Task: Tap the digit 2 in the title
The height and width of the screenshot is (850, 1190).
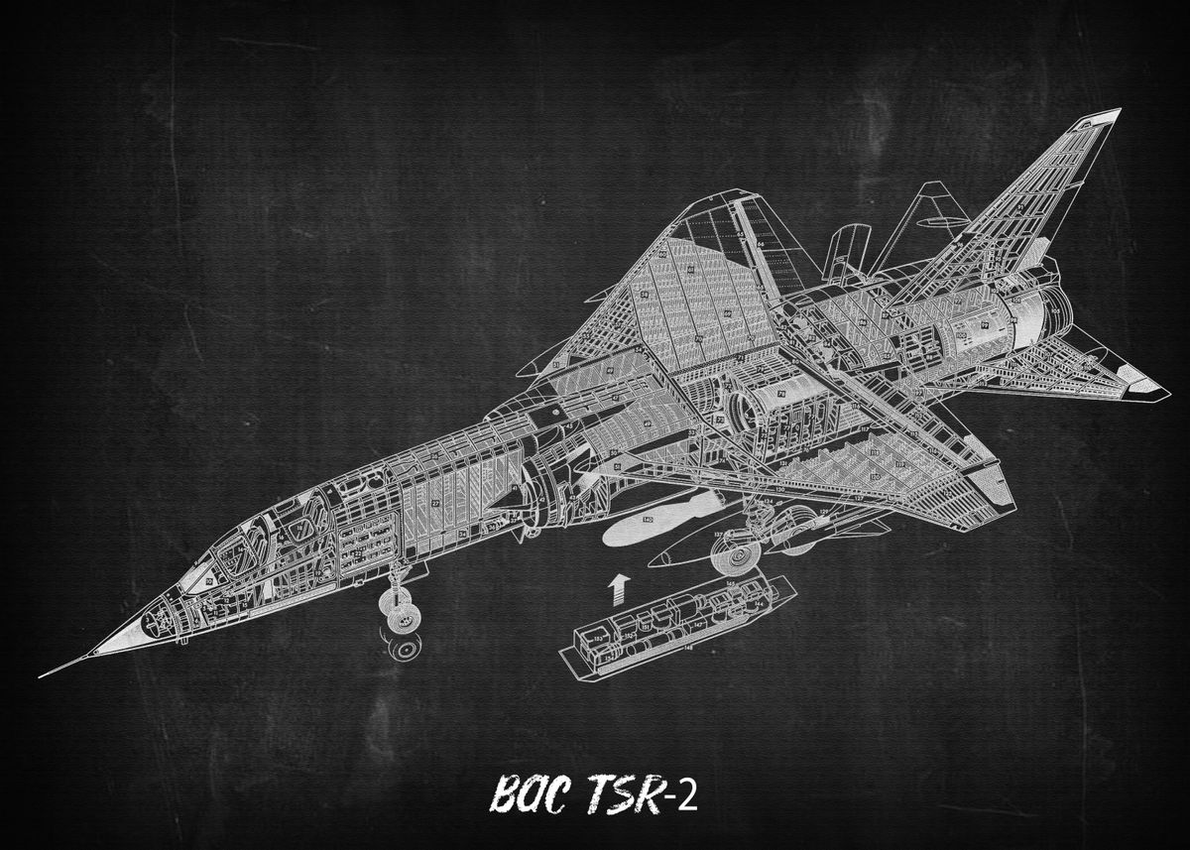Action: click(687, 796)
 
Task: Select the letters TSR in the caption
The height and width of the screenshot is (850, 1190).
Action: click(624, 794)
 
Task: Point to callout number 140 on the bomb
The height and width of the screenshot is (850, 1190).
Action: click(648, 520)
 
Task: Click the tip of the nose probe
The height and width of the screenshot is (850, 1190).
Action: click(42, 676)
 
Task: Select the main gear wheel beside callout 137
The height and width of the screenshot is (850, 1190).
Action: click(740, 557)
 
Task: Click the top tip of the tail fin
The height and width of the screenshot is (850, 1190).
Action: click(1118, 110)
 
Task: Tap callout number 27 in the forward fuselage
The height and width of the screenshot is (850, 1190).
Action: click(436, 504)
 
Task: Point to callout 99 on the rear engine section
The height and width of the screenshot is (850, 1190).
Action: click(985, 322)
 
